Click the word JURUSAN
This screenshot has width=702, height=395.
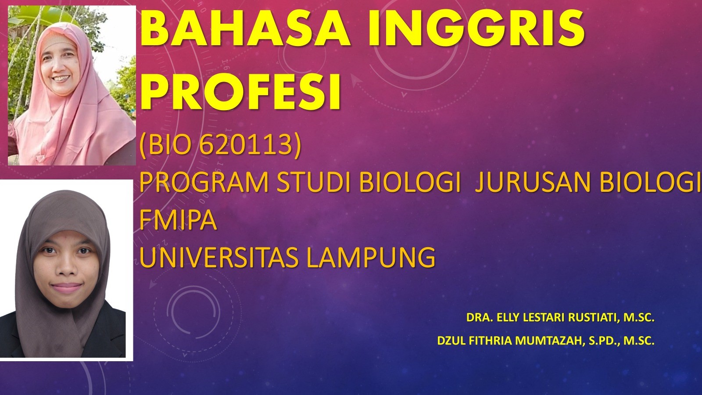(x=533, y=182)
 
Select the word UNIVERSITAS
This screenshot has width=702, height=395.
(x=219, y=257)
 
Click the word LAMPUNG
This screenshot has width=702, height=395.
(x=371, y=257)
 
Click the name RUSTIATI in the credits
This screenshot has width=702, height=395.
(x=592, y=317)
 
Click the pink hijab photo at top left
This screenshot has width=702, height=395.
(x=72, y=86)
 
